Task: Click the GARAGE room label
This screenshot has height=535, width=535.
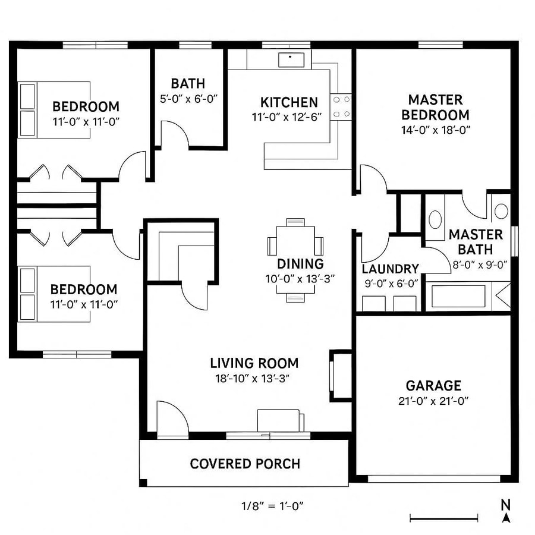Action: [x=433, y=386]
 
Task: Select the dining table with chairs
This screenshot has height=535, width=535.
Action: [x=295, y=244]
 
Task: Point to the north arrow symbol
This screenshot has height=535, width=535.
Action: [x=506, y=511]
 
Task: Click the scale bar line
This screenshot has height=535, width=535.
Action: [x=444, y=519]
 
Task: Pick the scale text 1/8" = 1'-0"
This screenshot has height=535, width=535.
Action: [x=273, y=506]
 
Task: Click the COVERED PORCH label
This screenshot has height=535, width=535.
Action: [x=245, y=464]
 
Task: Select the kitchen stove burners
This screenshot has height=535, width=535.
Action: [x=341, y=107]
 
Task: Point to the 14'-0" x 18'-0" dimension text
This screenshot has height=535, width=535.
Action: [x=436, y=130]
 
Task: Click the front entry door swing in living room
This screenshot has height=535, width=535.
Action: [x=171, y=417]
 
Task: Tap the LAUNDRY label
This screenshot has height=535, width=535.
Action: [x=390, y=269]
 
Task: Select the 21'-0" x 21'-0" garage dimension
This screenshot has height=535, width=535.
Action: [x=433, y=401]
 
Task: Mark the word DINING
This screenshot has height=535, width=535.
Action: [x=300, y=264]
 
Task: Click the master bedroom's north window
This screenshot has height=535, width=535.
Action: [x=440, y=45]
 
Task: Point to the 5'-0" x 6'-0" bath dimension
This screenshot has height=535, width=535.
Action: [x=189, y=98]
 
